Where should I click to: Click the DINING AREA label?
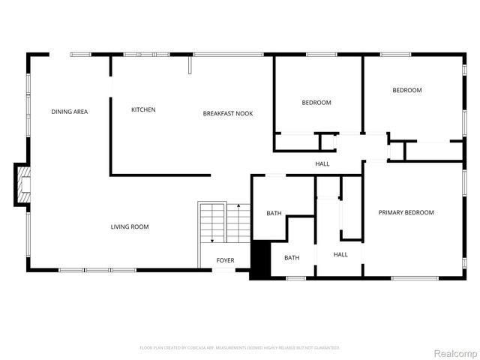pos(70,112)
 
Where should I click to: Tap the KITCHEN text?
pos(143,110)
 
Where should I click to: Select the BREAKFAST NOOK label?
pos(228,113)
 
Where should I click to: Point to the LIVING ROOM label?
pos(130,226)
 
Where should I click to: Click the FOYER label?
pos(225,260)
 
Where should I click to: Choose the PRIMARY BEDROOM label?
pos(406,212)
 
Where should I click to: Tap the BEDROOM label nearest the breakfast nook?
pos(316,103)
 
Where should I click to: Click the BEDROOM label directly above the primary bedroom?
pos(407,91)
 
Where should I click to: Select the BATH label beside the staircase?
pos(274,214)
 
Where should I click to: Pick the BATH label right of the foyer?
pos(292,258)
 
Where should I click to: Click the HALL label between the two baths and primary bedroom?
pos(340,255)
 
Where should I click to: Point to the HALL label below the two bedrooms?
pos(322,163)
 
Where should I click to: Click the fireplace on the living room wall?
pos(23,184)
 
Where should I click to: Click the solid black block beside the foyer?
pos(259,259)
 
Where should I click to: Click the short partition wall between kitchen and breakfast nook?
pos(190,67)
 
